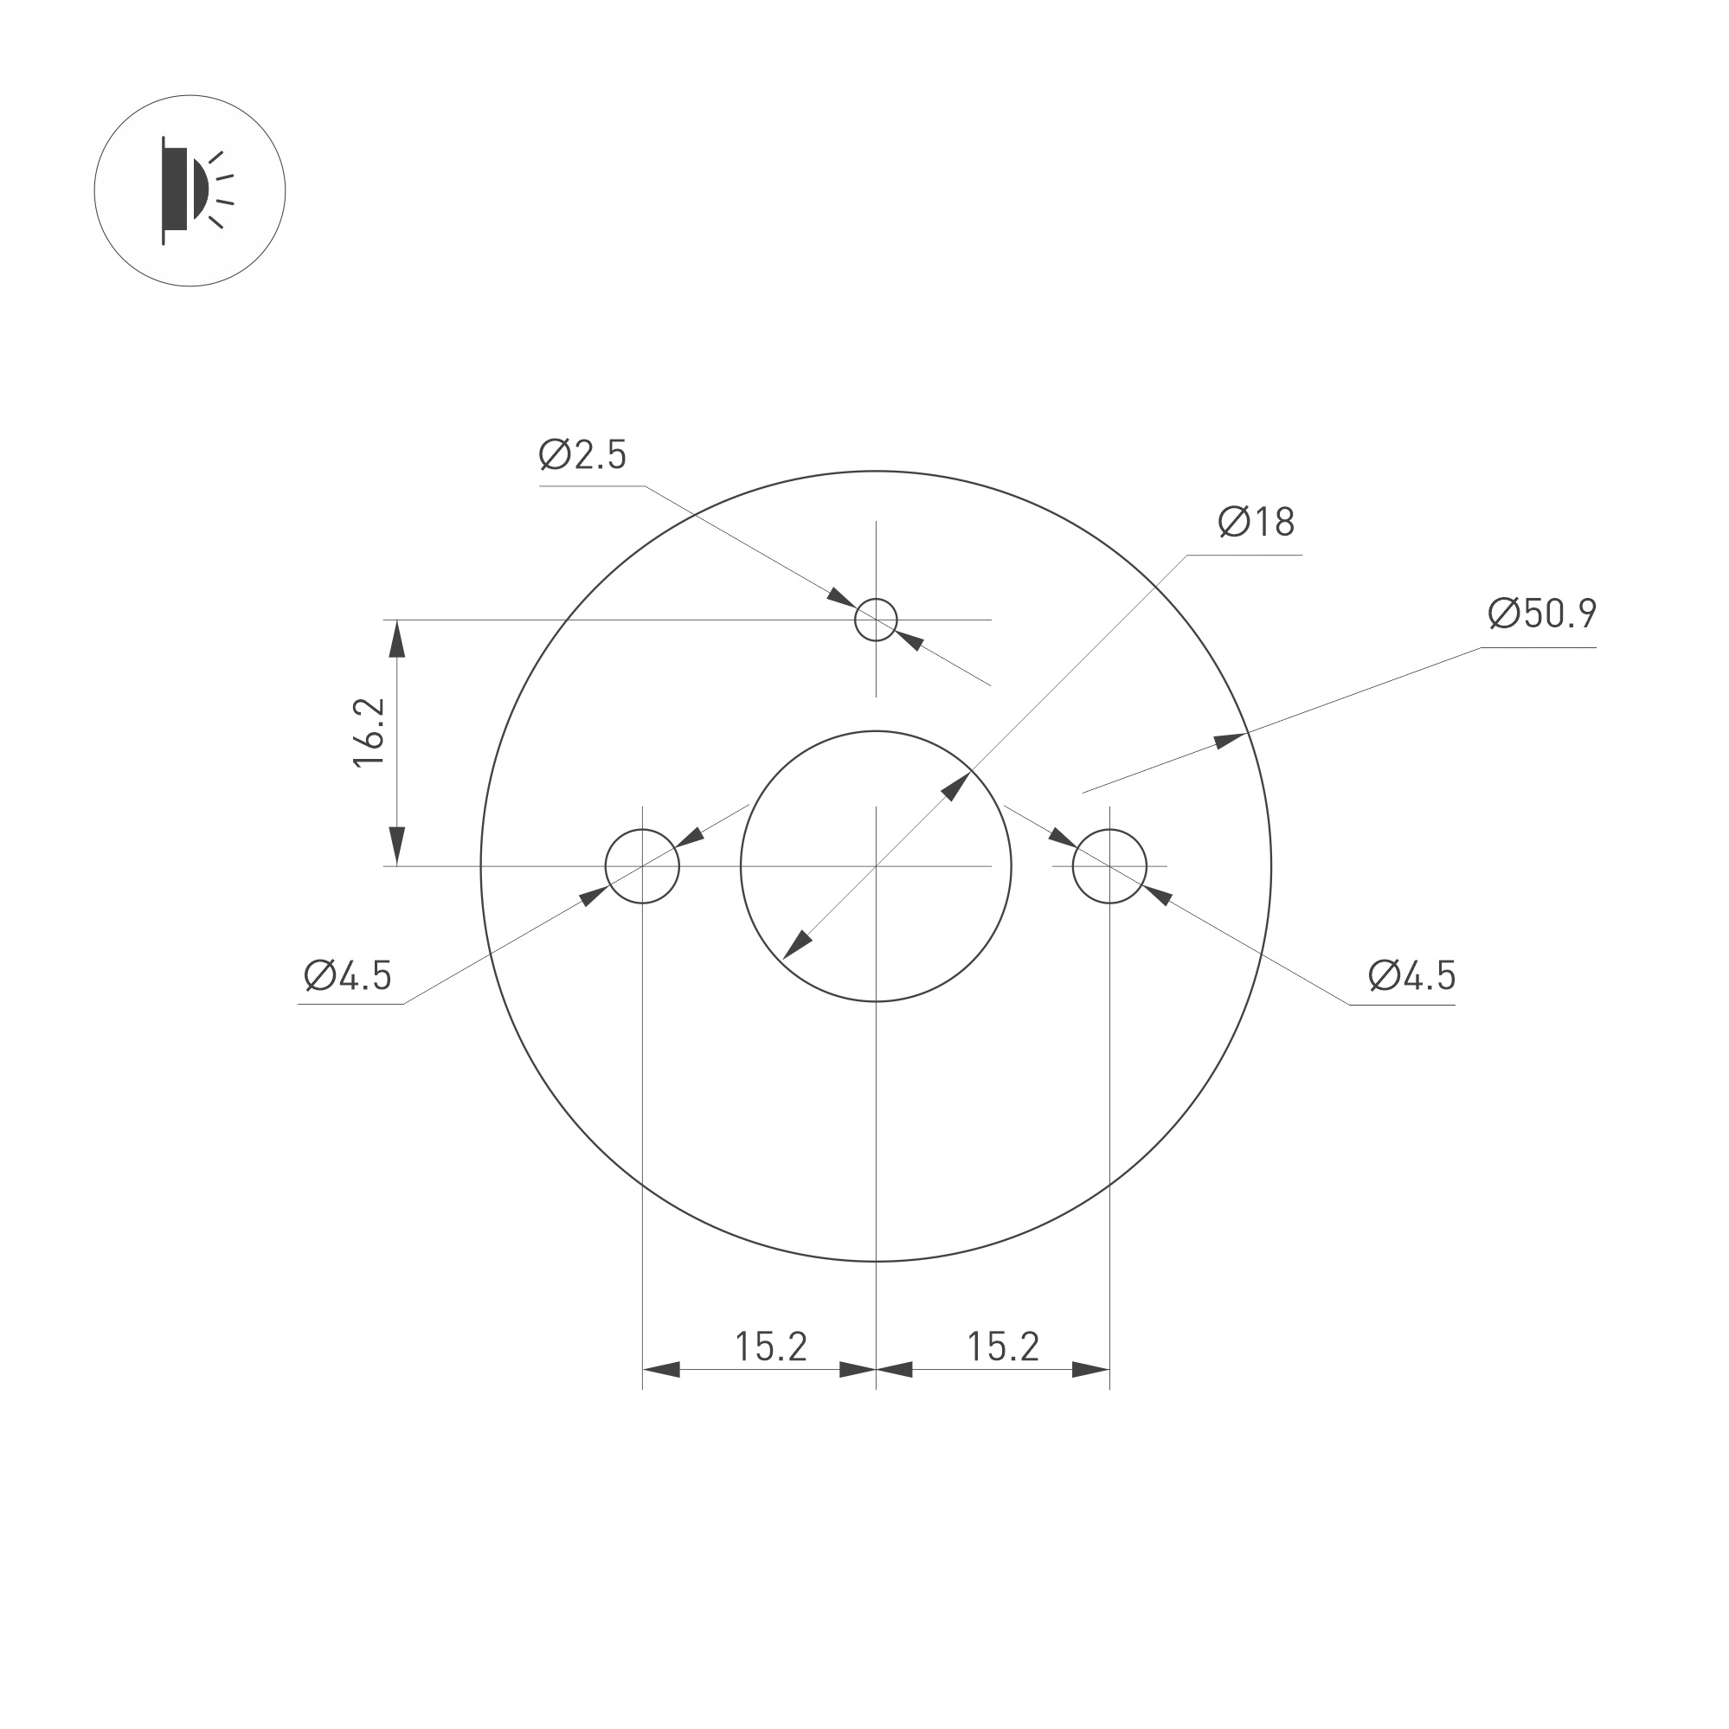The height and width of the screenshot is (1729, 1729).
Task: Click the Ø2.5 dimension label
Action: [582, 454]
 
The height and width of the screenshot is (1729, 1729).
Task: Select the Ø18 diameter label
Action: [1256, 522]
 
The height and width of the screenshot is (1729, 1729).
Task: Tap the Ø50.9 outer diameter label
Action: [1542, 613]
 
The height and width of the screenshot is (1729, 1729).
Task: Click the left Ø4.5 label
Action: [348, 975]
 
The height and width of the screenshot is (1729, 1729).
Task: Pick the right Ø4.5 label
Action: [1412, 975]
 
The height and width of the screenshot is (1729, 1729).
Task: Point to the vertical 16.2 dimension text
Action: [369, 732]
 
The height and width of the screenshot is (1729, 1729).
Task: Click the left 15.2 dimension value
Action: [770, 1346]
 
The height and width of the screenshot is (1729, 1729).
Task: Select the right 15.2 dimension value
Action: [1002, 1346]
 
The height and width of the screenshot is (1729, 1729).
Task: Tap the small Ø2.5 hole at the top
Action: [875, 620]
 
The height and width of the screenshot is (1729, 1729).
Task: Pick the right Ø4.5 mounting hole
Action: [1109, 866]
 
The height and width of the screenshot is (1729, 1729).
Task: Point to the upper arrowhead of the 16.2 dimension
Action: [397, 639]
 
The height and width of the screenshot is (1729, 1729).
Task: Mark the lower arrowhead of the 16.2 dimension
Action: [397, 846]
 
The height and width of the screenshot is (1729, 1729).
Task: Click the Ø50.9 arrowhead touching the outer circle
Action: [1230, 740]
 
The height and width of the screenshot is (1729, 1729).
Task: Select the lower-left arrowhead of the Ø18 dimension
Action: [798, 944]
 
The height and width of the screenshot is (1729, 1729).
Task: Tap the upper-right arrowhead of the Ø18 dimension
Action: [954, 787]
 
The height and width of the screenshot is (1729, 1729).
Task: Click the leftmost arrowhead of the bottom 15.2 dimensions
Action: [661, 1370]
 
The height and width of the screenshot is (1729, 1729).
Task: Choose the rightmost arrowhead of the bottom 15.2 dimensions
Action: [1090, 1370]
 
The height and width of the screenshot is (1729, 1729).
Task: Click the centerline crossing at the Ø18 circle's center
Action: [875, 866]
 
